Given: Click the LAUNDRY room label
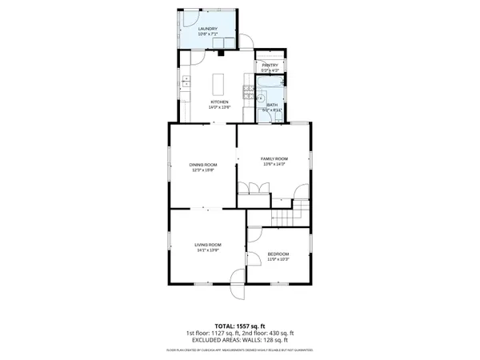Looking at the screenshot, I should (208, 29).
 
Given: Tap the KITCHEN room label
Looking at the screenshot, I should (219, 102).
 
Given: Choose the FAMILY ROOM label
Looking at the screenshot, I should (274, 159).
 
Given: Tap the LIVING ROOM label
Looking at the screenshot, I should (208, 244).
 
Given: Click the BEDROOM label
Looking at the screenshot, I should (278, 254).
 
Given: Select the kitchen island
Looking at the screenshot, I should (220, 83).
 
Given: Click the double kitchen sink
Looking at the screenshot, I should (185, 80).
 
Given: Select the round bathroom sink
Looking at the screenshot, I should (261, 98).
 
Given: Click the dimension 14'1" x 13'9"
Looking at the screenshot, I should (208, 250).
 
